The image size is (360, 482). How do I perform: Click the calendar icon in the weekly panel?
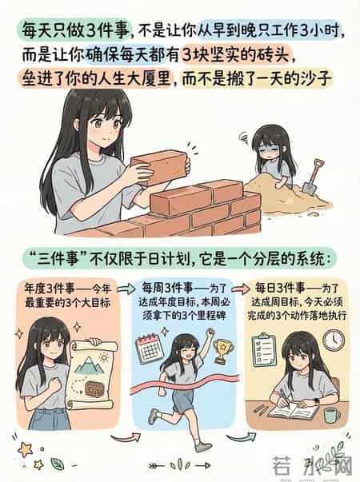pyautogui.click(x=150, y=349)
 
